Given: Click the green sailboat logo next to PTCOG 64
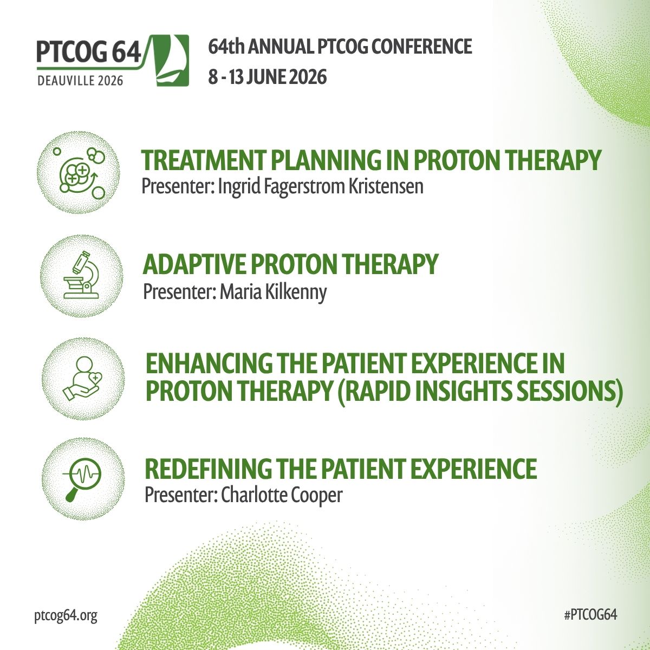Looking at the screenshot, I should pyautogui.click(x=172, y=60).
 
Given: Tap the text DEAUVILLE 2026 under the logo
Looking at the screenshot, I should pyautogui.click(x=80, y=81).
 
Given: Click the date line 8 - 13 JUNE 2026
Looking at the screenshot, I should pyautogui.click(x=268, y=77).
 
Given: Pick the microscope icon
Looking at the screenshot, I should pyautogui.click(x=81, y=275).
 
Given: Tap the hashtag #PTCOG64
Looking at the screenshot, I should pyautogui.click(x=590, y=615).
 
